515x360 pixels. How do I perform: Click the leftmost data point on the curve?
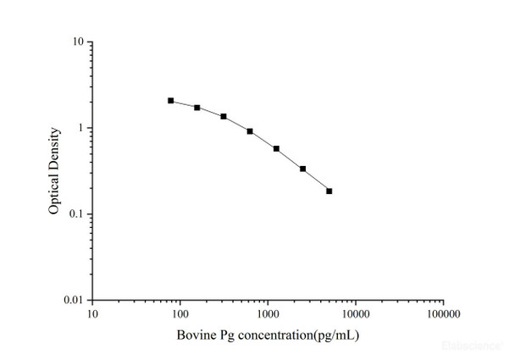pyautogui.click(x=171, y=101)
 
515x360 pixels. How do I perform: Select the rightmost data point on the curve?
pyautogui.click(x=329, y=191)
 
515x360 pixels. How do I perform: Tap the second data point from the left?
pyautogui.click(x=197, y=108)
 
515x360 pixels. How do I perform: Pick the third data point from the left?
pyautogui.click(x=224, y=116)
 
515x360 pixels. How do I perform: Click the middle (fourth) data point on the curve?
pyautogui.click(x=250, y=131)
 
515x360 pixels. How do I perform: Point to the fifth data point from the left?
pyautogui.click(x=276, y=149)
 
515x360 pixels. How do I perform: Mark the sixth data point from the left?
pyautogui.click(x=302, y=169)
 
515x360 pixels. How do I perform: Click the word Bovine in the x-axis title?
pyautogui.click(x=193, y=335)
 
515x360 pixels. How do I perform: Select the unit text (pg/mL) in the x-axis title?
pyautogui.click(x=337, y=335)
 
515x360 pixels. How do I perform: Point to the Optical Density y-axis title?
pyautogui.click(x=54, y=170)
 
